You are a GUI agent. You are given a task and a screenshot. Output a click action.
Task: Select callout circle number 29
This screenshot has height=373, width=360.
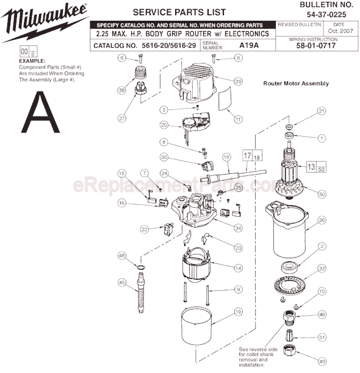(x=238, y=81)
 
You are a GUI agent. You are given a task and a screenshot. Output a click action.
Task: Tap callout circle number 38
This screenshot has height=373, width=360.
(x=121, y=89)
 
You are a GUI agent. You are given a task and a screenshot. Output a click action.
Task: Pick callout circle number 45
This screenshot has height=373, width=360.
(x=122, y=282)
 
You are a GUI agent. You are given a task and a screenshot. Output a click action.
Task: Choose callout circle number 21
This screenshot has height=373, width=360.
(x=322, y=110)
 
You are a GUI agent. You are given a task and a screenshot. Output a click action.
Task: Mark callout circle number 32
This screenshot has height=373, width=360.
(x=322, y=268)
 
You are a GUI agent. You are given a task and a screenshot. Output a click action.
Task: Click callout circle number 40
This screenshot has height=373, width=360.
(x=322, y=360)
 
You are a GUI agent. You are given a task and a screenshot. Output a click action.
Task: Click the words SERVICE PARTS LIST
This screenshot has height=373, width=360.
(x=171, y=12)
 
